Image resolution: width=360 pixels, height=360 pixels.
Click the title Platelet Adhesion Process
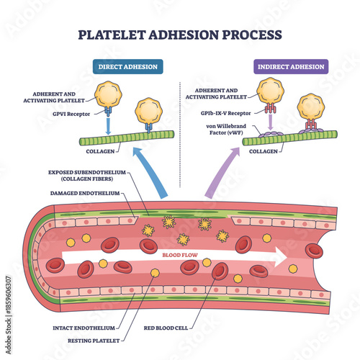pyautogui.click(x=180, y=34)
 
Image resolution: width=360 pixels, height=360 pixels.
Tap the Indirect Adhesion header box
pyautogui.click(x=290, y=66)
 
